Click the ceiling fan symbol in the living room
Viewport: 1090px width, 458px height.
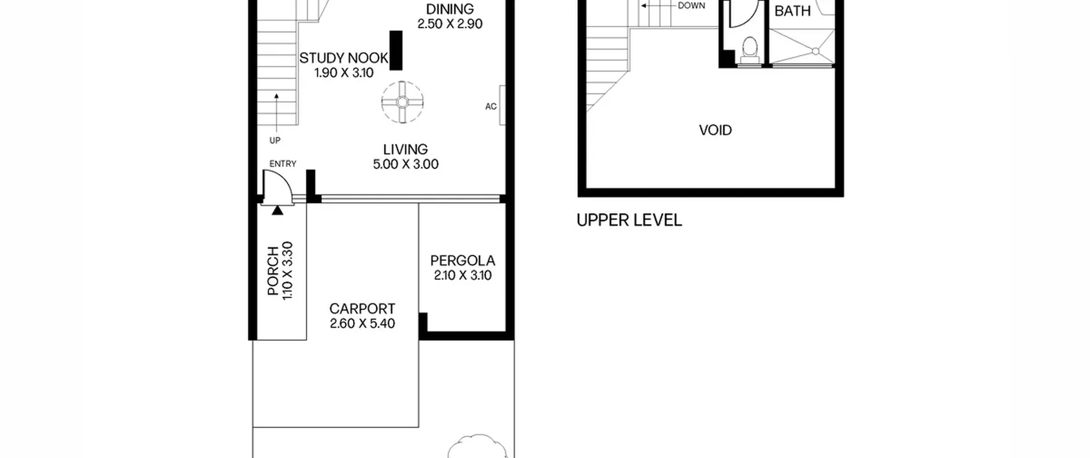[x=402, y=102]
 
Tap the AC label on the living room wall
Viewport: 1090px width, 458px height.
[x=491, y=107]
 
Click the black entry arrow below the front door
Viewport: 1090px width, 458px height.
[x=277, y=210]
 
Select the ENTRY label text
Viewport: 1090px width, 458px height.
[x=283, y=164]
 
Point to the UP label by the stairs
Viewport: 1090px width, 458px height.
[x=275, y=141]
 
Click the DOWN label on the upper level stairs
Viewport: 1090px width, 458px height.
[x=691, y=6]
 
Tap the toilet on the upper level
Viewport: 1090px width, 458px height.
[x=749, y=50]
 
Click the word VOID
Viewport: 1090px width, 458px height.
[x=715, y=130]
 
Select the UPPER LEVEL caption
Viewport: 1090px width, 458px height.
[x=629, y=220]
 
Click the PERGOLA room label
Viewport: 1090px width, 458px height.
[x=462, y=261]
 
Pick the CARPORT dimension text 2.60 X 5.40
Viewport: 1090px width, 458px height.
[x=362, y=323]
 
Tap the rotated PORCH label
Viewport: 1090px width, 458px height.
[x=273, y=271]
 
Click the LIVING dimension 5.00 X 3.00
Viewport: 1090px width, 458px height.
[x=406, y=164]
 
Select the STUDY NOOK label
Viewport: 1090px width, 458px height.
[x=344, y=58]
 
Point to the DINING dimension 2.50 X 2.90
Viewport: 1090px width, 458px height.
[x=450, y=24]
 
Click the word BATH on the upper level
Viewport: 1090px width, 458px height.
[x=792, y=11]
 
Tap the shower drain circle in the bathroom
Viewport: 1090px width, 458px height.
[x=815, y=52]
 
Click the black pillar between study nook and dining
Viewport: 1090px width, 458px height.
[x=396, y=50]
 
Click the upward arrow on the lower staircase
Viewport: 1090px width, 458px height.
[x=276, y=112]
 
